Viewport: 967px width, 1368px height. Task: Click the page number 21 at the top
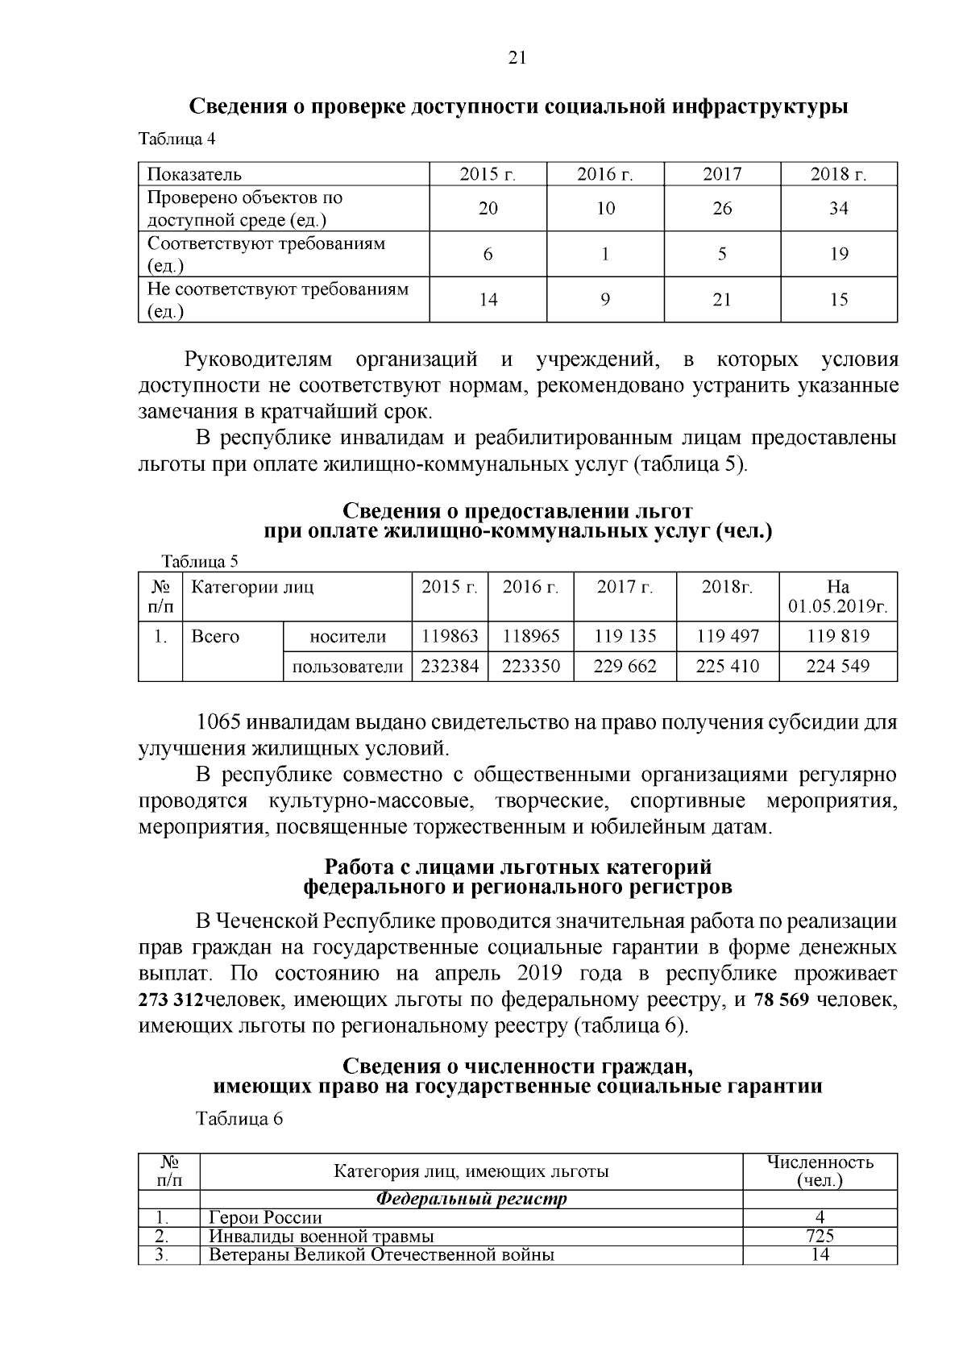tap(517, 57)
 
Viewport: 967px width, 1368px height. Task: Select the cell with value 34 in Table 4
tap(839, 209)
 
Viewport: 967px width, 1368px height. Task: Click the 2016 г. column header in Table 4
tap(605, 175)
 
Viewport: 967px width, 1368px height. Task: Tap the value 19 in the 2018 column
tap(839, 254)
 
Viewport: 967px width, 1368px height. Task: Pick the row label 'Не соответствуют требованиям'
tap(277, 289)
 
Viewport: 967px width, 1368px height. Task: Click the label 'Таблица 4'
tap(177, 139)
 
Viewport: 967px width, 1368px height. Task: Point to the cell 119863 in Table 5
tap(450, 636)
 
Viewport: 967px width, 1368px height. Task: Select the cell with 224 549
tap(838, 666)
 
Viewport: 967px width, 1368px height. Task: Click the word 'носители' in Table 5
tap(347, 637)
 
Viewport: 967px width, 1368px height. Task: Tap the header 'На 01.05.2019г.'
tap(838, 597)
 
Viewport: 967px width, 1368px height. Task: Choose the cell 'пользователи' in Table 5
tap(347, 667)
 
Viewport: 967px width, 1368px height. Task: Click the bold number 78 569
tap(781, 1000)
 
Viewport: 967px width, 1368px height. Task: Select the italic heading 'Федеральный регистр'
tap(471, 1199)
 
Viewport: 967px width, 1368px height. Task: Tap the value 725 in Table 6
tap(820, 1236)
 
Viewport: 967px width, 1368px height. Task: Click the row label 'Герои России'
tap(265, 1217)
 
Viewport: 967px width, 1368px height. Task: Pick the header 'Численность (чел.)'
tap(820, 1171)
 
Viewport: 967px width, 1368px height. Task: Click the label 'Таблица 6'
tap(240, 1119)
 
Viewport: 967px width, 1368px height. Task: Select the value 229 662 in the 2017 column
tap(625, 666)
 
